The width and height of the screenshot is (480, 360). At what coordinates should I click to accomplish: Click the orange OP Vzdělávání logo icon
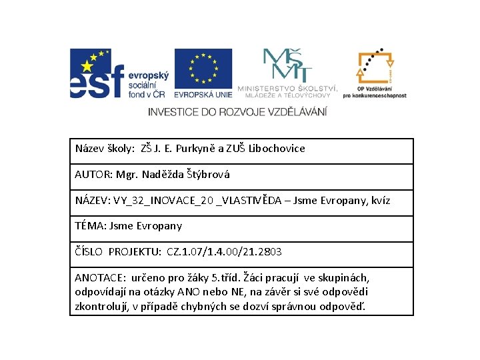tap(374, 67)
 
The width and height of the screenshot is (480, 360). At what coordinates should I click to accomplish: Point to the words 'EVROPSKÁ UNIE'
tap(203, 94)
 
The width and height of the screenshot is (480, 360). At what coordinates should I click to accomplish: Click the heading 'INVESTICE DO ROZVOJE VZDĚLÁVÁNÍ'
tap(238, 111)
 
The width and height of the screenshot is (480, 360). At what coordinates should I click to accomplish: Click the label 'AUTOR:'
tap(93, 175)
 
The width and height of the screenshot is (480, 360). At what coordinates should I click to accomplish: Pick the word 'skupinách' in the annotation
tap(347, 277)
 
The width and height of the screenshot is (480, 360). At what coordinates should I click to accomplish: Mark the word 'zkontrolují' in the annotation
tap(102, 307)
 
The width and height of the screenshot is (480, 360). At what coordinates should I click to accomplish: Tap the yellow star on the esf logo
tap(87, 65)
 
